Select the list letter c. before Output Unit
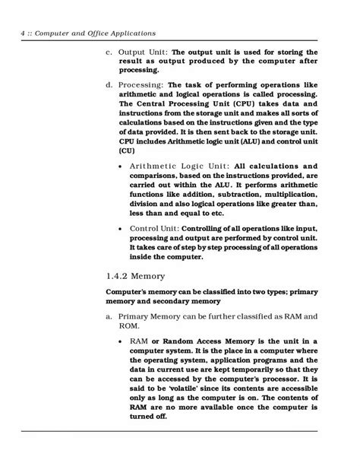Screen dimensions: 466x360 (109, 52)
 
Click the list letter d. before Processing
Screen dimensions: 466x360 (109, 84)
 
